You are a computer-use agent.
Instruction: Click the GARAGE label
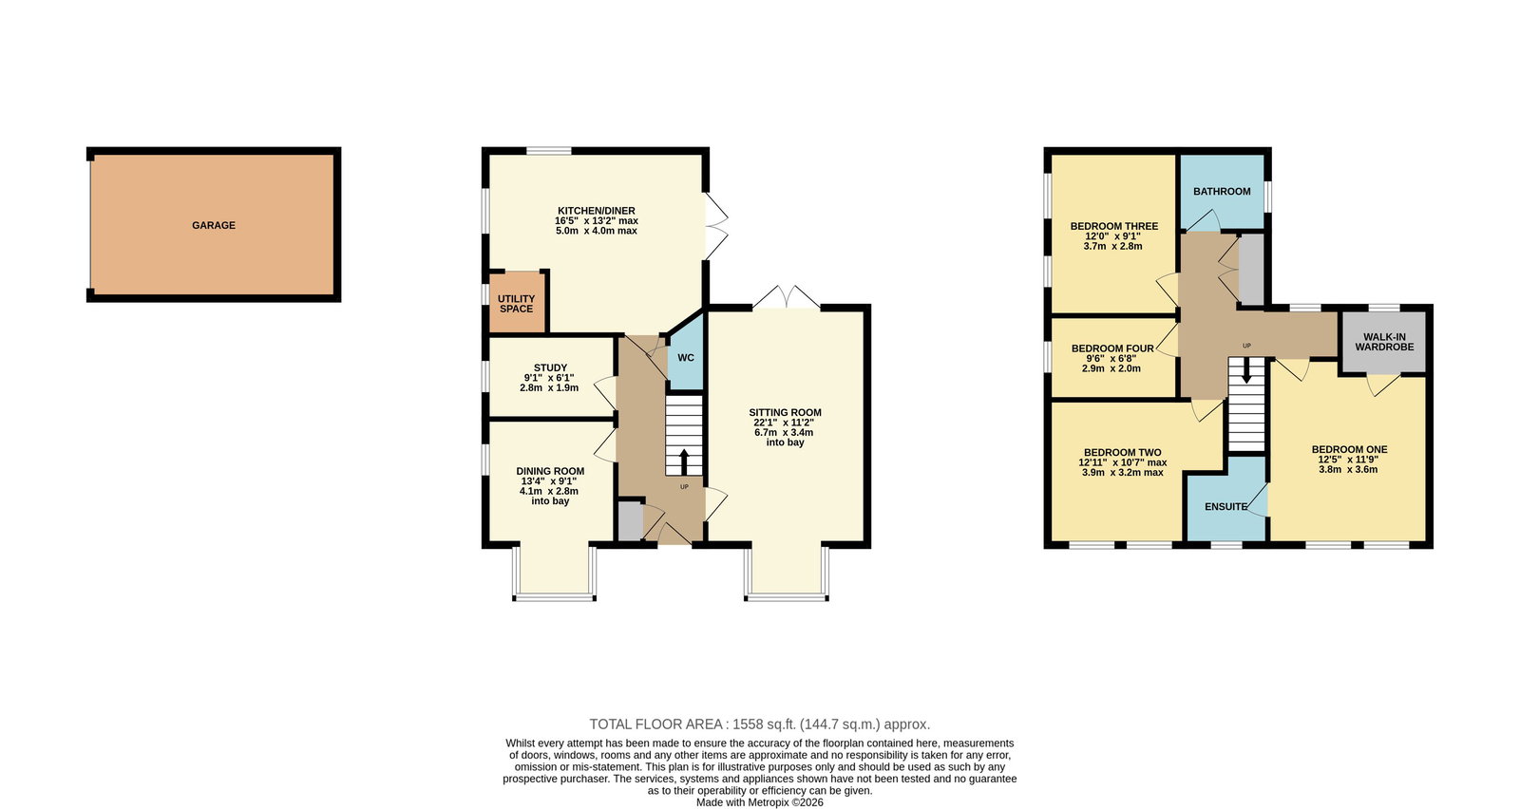(x=214, y=225)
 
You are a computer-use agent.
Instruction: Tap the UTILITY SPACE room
(x=517, y=303)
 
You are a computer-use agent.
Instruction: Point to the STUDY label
(x=550, y=367)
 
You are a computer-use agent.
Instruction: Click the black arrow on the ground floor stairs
(x=683, y=461)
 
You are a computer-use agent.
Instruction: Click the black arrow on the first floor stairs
(x=1245, y=370)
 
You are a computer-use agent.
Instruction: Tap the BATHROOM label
(x=1222, y=191)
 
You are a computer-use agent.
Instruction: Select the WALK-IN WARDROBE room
(x=1384, y=342)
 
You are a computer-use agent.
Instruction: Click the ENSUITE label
(x=1225, y=506)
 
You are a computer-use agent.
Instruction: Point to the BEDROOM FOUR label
(x=1112, y=348)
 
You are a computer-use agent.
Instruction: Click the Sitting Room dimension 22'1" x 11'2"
(x=785, y=423)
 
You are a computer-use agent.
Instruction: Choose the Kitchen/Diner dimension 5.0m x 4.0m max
(x=597, y=231)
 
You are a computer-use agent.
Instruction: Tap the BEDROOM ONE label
(x=1350, y=449)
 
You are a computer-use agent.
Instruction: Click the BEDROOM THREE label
(x=1114, y=226)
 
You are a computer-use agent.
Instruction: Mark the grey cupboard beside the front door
(x=631, y=520)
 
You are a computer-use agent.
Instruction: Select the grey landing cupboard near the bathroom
(x=1252, y=270)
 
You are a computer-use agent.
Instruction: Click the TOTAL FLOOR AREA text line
(x=759, y=724)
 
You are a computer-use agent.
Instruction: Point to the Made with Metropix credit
(x=759, y=802)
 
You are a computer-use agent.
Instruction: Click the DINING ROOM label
(x=550, y=471)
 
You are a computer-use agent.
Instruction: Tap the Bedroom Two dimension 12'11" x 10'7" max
(x=1123, y=462)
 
